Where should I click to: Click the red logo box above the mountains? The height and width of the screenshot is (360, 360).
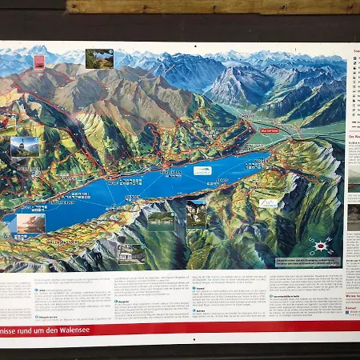click(x=38, y=61)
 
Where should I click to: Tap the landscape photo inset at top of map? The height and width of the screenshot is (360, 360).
click(x=99, y=58)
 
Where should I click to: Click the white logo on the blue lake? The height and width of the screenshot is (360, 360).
click(x=203, y=170)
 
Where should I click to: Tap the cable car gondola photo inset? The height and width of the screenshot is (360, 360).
click(x=24, y=146)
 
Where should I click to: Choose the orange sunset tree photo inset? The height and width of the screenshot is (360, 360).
click(x=30, y=223)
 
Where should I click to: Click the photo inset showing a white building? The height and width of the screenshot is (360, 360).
click(x=131, y=253)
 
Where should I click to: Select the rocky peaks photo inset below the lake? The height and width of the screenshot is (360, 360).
click(x=196, y=213)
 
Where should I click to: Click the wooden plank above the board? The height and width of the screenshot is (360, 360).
click(x=212, y=6)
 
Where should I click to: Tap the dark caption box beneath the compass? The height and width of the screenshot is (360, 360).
click(x=307, y=262)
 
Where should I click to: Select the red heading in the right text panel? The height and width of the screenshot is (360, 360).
click(x=354, y=136)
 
